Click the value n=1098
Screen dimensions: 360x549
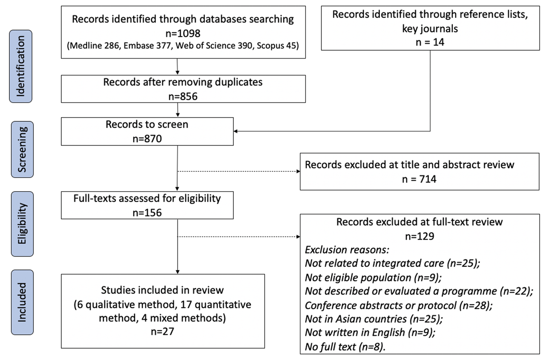coord(183,33)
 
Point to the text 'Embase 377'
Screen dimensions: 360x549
coord(146,46)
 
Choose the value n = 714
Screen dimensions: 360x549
coord(420,178)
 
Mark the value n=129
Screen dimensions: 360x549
coord(420,236)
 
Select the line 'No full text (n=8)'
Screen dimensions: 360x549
coord(345,346)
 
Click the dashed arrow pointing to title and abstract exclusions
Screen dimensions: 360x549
coord(238,172)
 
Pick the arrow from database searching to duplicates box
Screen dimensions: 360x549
coord(177,66)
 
